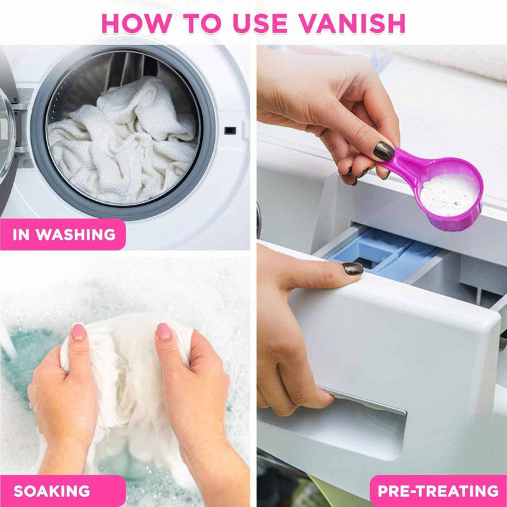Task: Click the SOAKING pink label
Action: click(x=52, y=491)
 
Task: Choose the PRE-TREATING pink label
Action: click(x=438, y=491)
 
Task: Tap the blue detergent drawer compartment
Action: click(x=380, y=253)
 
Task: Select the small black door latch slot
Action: click(x=230, y=131)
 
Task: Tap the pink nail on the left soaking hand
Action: click(x=79, y=331)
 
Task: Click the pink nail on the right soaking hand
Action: click(x=164, y=331)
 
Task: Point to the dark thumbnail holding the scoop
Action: click(x=383, y=151)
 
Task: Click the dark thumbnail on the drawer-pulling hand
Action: click(x=352, y=268)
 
